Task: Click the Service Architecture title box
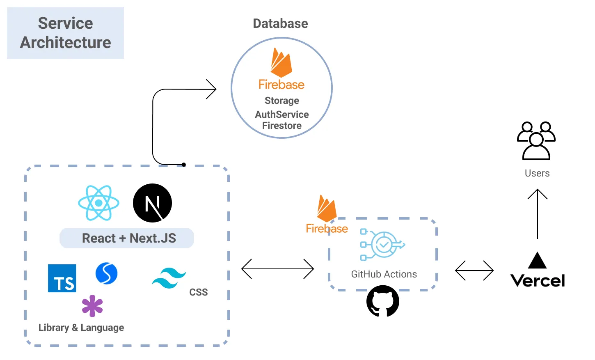click(65, 33)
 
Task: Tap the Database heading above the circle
click(280, 24)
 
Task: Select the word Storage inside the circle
click(282, 101)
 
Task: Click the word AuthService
click(282, 115)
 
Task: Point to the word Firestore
click(282, 126)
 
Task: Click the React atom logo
click(99, 203)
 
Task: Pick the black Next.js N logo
click(152, 203)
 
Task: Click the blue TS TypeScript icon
click(62, 278)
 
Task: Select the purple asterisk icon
click(92, 306)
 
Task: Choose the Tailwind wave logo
click(169, 278)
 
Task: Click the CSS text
click(199, 292)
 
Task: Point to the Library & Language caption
click(81, 328)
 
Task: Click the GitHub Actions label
click(384, 274)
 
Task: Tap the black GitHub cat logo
click(383, 301)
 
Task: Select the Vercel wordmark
click(538, 281)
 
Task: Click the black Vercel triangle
click(537, 261)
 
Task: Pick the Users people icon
click(536, 141)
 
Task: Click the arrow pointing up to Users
click(538, 213)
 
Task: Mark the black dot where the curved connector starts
click(184, 165)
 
